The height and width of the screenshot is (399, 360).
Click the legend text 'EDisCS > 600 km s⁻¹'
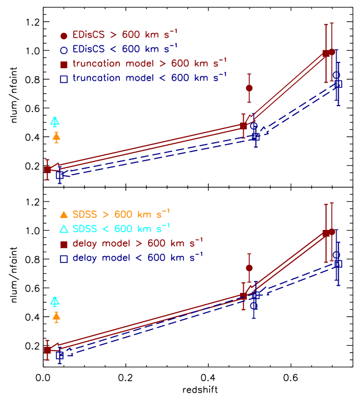[125, 35]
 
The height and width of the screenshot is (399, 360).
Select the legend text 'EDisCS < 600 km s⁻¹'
[125, 49]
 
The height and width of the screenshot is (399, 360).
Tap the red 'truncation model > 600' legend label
[149, 63]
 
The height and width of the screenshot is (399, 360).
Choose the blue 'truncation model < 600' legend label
[149, 78]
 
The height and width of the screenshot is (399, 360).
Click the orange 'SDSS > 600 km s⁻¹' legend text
[121, 213]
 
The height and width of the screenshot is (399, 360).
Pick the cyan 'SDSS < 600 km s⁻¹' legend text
[121, 227]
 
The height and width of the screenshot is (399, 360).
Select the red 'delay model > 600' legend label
[138, 243]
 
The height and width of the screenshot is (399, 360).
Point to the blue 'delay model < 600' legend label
[138, 257]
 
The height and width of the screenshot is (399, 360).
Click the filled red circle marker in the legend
[64, 36]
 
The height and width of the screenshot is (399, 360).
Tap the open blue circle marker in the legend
[64, 50]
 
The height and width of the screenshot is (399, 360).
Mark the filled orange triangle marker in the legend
[64, 214]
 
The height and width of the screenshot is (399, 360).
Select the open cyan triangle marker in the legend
[64, 228]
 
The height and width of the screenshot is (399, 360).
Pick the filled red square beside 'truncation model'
[64, 64]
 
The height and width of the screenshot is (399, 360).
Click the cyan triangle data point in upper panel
[55, 121]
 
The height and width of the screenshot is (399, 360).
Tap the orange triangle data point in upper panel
[56, 136]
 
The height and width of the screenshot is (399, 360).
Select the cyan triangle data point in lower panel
[55, 301]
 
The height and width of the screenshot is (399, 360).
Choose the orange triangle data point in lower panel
[56, 317]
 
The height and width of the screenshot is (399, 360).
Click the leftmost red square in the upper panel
[47, 170]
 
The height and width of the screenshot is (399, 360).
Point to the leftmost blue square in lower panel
[60, 355]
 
